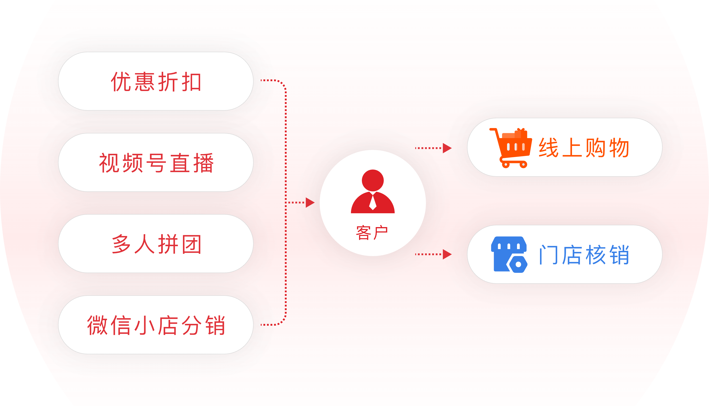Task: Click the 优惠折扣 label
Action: [156, 81]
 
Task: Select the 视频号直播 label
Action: [156, 163]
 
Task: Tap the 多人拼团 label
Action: [156, 244]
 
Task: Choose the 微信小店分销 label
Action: [156, 325]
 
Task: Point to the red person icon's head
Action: [373, 180]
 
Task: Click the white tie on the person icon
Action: [373, 202]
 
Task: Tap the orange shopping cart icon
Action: [511, 148]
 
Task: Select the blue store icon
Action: [509, 254]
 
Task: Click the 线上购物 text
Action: [584, 148]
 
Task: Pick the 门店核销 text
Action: [584, 254]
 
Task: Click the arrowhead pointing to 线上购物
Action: [447, 148]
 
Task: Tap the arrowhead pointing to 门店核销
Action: [447, 254]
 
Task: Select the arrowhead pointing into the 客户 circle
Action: [310, 203]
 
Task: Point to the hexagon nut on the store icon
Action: [518, 264]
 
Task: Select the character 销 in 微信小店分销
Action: [215, 325]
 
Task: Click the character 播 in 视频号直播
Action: [203, 163]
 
